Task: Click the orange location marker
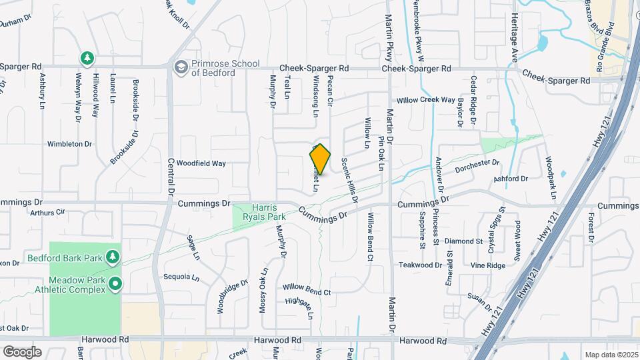coord(321,159)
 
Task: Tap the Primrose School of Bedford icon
coord(181,67)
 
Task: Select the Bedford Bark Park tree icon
coord(113,257)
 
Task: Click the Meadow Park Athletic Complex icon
coord(115,285)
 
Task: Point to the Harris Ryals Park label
coord(268,212)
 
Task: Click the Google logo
coord(22,351)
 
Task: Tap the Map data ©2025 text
coord(610,355)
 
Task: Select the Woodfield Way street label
coord(202,163)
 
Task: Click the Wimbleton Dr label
coord(69,143)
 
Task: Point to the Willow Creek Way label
coord(425,100)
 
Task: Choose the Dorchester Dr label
coord(477,166)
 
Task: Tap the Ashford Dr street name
coord(511,179)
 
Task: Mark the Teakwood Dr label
coord(421,265)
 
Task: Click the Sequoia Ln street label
coord(182,277)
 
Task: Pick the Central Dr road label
coord(171,176)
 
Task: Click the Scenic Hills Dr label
coord(349,180)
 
